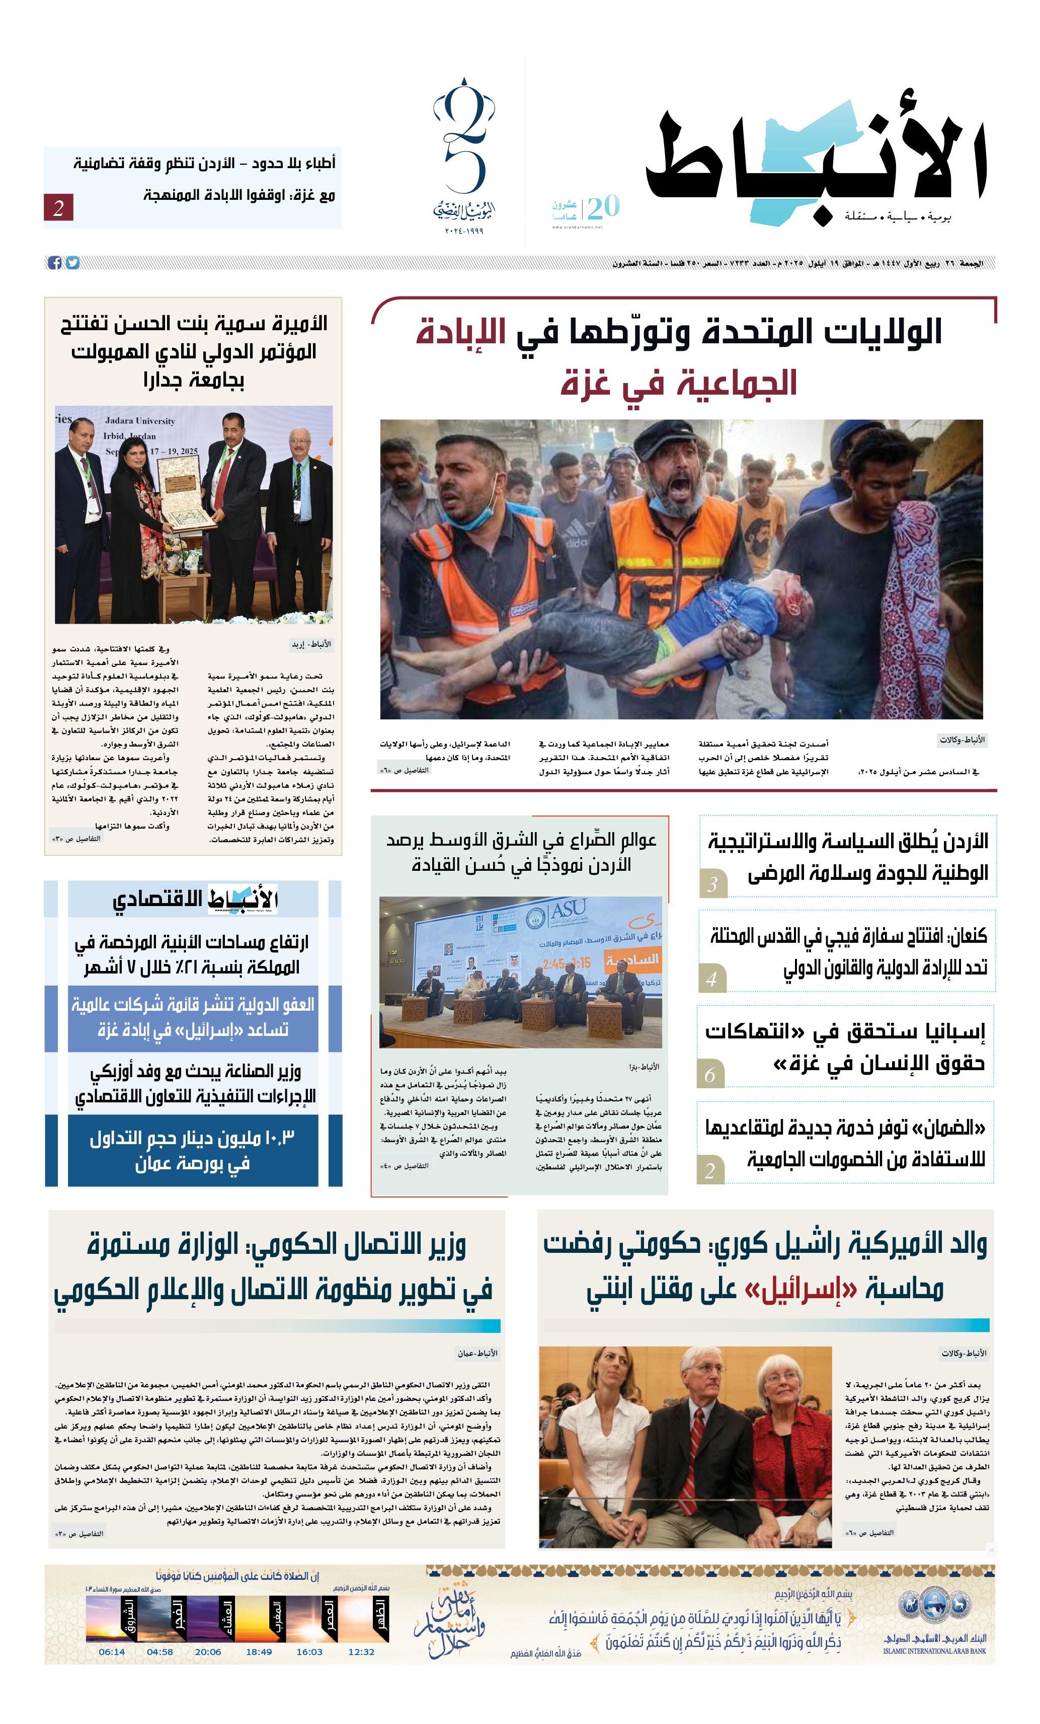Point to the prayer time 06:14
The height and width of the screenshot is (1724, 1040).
(112, 1652)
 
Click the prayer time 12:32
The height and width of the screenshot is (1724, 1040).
(361, 1652)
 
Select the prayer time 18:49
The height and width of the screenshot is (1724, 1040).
(259, 1652)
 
